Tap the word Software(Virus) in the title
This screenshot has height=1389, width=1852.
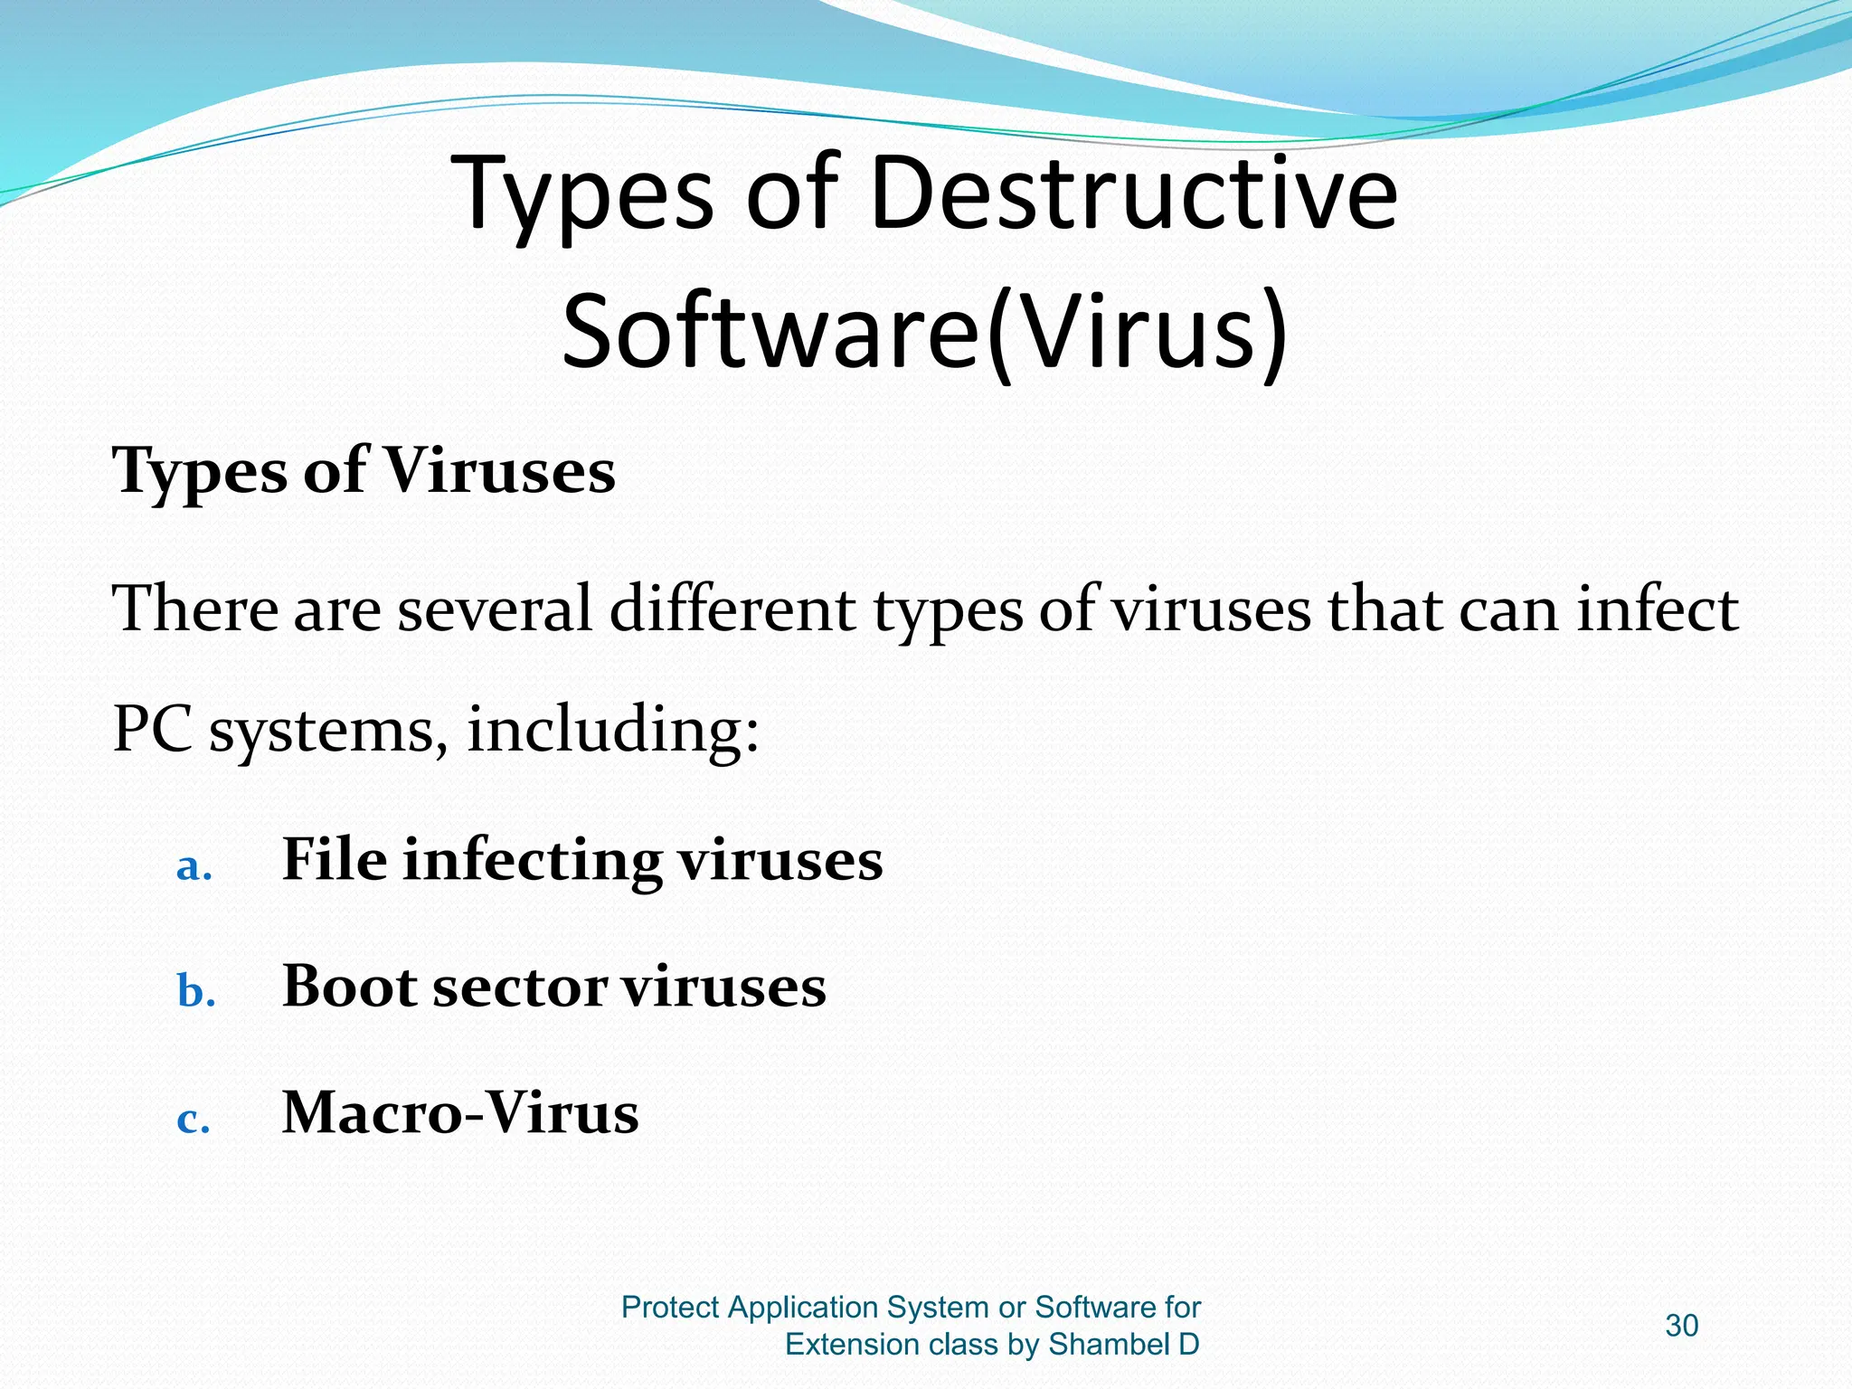point(924,330)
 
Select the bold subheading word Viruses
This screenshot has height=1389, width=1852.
point(499,472)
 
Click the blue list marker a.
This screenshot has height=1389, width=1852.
point(194,867)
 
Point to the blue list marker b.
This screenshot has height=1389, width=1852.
point(195,993)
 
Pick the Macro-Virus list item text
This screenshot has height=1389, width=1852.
point(460,1112)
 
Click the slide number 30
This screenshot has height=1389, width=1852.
point(1681,1326)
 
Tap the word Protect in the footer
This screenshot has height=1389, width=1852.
point(670,1308)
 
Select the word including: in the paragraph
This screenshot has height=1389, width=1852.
point(613,731)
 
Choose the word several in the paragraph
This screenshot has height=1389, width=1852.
point(494,609)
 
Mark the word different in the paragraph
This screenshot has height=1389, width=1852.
point(732,609)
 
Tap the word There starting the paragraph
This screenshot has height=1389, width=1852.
point(194,609)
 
